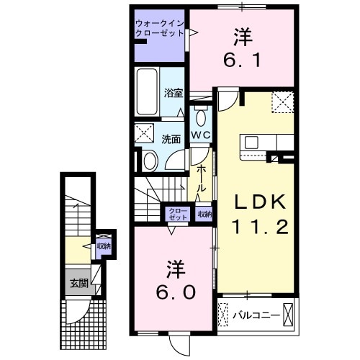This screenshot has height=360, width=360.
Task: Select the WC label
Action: [x=200, y=135]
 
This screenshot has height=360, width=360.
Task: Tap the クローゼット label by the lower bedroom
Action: [x=178, y=214]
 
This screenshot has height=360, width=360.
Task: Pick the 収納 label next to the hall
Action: [x=204, y=214]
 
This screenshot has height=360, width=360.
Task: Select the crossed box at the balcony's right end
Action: [x=289, y=315]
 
